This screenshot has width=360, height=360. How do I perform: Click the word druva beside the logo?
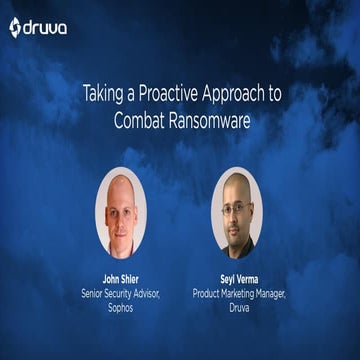[x=46, y=27]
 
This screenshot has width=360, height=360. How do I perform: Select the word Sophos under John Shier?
[x=121, y=307]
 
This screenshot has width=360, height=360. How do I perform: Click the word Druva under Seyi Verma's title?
[x=237, y=307]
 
